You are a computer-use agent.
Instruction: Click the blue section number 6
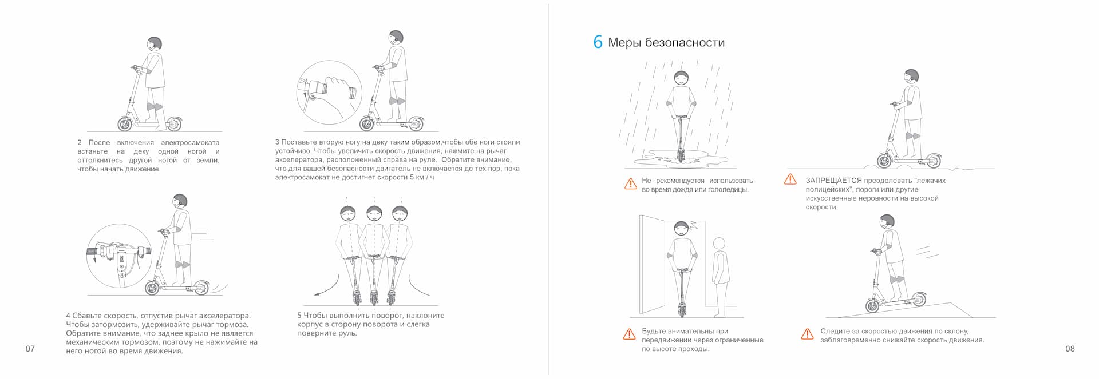[598, 42]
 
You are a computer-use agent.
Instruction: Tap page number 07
[30, 349]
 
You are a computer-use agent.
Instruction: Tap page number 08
[1070, 349]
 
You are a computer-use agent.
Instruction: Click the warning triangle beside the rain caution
[630, 184]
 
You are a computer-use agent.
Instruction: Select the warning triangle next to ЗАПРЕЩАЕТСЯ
[790, 179]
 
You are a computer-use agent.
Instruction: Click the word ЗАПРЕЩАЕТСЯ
[833, 181]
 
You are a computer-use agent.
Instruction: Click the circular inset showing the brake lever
[118, 256]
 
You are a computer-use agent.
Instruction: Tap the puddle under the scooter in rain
[681, 158]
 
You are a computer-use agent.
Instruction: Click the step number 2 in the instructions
[80, 142]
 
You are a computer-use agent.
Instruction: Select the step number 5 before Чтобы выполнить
[299, 316]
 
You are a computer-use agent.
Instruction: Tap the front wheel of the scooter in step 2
[125, 123]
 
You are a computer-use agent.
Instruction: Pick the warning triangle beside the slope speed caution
[807, 334]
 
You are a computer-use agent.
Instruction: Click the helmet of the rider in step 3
[396, 38]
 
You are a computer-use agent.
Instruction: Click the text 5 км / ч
[422, 177]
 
